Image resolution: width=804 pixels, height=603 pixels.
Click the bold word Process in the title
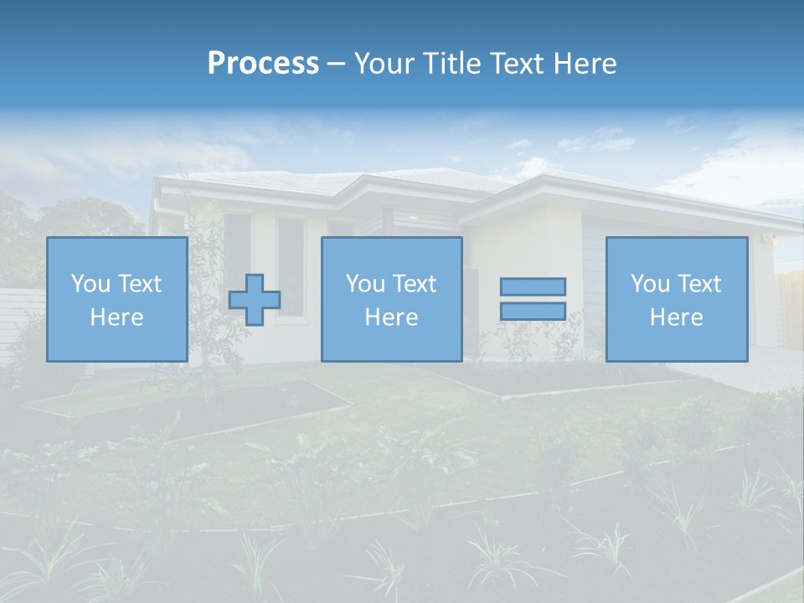(263, 64)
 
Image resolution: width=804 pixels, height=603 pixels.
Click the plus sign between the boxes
(255, 299)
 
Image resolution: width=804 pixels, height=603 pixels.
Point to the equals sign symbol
(533, 299)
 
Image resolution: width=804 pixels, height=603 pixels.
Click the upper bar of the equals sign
(533, 286)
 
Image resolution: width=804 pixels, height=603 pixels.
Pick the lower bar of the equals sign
(533, 311)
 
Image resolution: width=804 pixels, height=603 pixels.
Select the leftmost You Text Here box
(117, 299)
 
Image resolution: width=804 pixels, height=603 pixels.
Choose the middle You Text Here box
(391, 299)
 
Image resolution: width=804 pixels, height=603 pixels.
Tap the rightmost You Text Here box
(677, 299)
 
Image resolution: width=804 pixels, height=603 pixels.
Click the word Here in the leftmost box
(117, 317)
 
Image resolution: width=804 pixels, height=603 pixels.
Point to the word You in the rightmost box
(651, 284)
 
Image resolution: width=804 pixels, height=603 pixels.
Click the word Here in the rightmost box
(677, 317)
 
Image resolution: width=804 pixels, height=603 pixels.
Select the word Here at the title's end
(585, 64)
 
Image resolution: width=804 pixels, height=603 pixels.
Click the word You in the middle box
(366, 284)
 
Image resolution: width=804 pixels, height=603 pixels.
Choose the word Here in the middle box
(391, 317)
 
